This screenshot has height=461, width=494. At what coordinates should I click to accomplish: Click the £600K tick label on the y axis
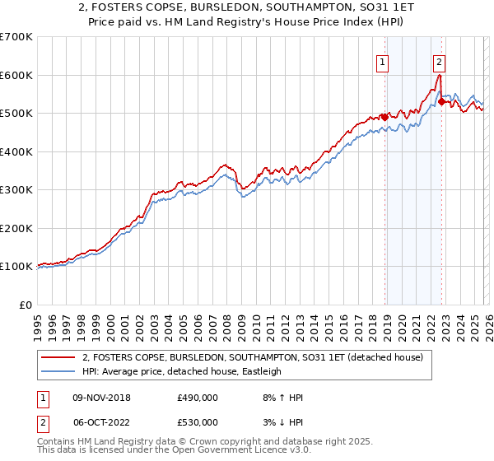click(x=16, y=75)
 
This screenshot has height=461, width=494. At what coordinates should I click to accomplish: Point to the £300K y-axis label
click(x=16, y=190)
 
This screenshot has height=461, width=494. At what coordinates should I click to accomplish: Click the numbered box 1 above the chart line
click(x=384, y=61)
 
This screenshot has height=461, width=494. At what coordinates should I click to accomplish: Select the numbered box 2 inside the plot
click(x=440, y=61)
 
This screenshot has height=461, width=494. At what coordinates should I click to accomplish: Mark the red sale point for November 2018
click(x=384, y=117)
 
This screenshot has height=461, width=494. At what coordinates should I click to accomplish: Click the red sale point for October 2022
click(x=441, y=101)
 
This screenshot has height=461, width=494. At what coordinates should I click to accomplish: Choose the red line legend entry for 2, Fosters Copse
click(x=252, y=357)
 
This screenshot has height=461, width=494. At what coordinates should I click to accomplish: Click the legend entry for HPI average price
click(x=181, y=371)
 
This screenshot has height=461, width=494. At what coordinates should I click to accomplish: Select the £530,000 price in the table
click(x=198, y=421)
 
